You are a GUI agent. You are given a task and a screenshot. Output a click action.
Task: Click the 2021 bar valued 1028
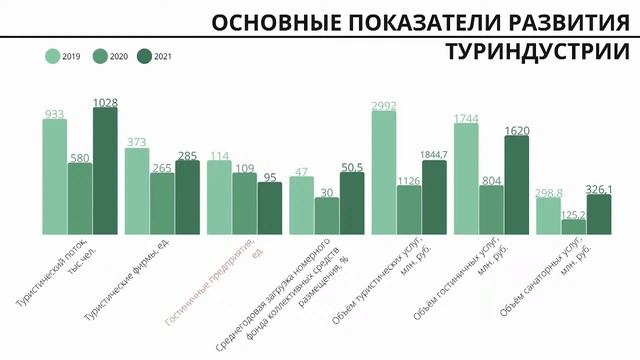point(105,170)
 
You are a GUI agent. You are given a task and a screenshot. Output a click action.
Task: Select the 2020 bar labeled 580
point(80,198)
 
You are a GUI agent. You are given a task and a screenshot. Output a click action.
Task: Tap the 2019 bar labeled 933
point(55,176)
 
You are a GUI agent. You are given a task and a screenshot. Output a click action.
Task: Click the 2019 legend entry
point(65,57)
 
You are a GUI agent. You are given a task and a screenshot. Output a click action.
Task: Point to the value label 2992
point(384,104)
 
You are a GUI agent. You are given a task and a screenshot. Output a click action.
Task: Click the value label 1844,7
point(435,153)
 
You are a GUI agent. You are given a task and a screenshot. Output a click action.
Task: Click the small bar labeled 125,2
point(573,226)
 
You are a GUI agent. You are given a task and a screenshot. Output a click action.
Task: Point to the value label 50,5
point(352,166)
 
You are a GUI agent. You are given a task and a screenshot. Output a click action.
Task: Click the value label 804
point(491,179)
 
